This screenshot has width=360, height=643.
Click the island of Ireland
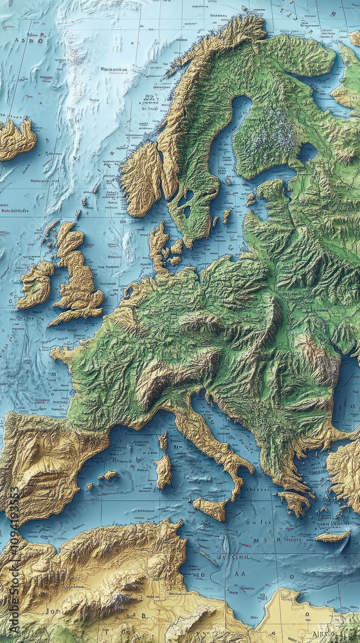point(35,283)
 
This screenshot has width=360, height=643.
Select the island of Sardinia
point(163,470)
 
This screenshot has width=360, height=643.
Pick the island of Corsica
point(163,441)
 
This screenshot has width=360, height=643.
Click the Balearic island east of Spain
point(108,475)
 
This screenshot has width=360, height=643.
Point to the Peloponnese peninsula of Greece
point(295,502)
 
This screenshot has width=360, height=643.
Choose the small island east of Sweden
point(226,215)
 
